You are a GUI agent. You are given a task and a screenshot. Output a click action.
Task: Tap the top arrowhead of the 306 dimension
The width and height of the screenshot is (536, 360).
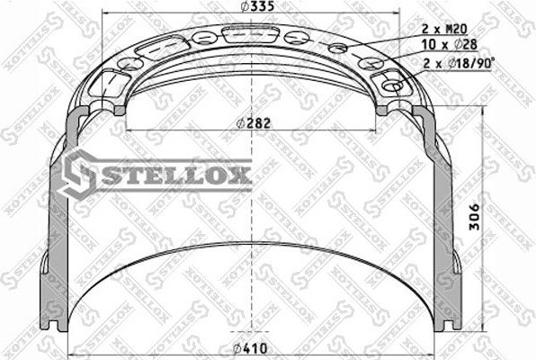point(486,121)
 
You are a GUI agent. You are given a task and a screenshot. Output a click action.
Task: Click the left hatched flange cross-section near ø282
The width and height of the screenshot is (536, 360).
point(117,106)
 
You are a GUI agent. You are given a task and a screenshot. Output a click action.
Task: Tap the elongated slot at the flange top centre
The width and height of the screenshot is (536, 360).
point(243,33)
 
